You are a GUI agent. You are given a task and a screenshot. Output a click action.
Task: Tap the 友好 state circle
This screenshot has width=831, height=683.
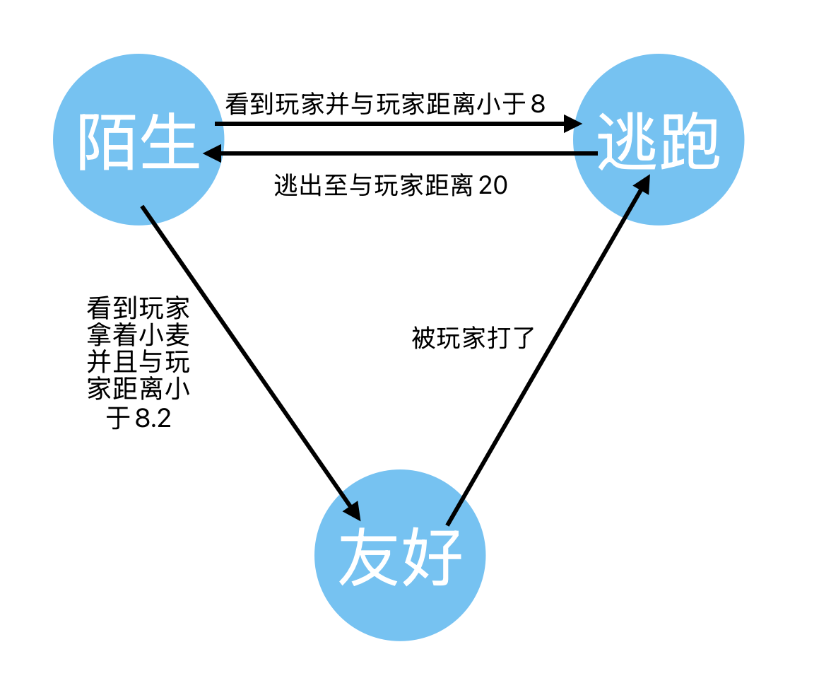[x=400, y=555]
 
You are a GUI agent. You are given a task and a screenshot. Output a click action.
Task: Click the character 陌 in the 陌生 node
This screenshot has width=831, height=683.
[x=107, y=141]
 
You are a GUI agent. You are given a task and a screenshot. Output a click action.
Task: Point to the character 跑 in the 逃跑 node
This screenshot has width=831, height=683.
[x=689, y=141]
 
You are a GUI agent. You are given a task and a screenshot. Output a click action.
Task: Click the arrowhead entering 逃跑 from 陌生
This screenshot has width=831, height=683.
[x=574, y=124]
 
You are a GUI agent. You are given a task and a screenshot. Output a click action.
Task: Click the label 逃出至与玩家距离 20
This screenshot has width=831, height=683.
[x=391, y=186]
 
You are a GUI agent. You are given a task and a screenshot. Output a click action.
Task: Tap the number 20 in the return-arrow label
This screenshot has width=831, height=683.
[x=493, y=186]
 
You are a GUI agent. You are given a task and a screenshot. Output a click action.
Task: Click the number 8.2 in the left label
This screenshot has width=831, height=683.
[x=153, y=419]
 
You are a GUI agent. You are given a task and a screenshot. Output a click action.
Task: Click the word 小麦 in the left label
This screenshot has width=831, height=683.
[x=164, y=336]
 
